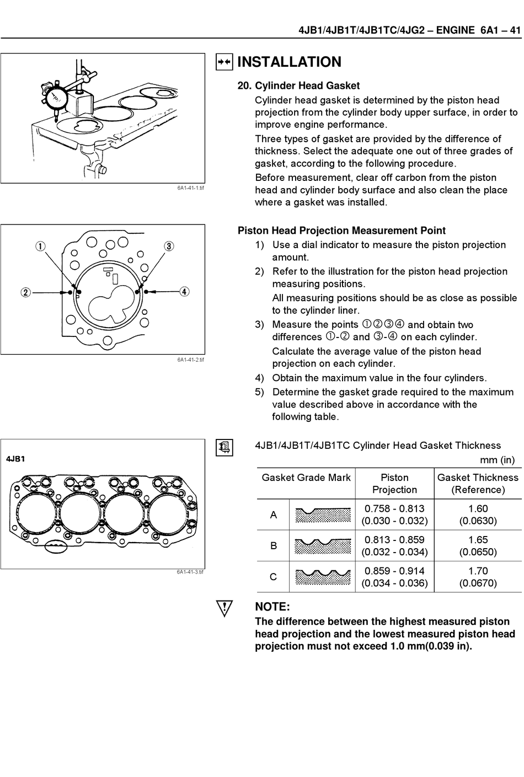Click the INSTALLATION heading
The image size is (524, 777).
tap(289, 62)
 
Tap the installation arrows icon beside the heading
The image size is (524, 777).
tap(224, 62)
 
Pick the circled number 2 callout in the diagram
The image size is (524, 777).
tap(25, 292)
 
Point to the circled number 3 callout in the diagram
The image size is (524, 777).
tap(169, 246)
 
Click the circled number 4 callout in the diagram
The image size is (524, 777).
tap(184, 292)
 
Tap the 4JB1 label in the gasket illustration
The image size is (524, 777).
tap(16, 459)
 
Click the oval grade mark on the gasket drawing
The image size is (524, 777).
tap(55, 546)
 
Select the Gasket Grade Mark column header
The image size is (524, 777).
tap(306, 478)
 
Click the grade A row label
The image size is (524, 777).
tap(273, 515)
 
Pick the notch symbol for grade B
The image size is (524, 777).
tap(323, 546)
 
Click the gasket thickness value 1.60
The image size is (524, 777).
tap(478, 508)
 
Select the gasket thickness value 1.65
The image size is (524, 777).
tap(478, 540)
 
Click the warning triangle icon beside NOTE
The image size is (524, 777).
tap(224, 609)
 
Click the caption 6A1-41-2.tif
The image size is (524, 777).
tap(190, 360)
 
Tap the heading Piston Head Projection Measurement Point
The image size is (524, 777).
tap(341, 231)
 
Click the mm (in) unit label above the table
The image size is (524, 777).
tap(497, 460)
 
